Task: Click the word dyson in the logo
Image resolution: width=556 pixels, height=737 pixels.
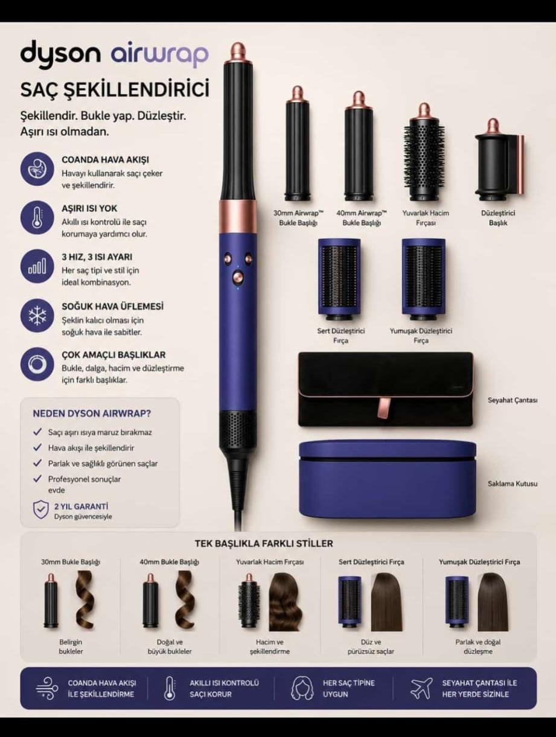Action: pos(60,54)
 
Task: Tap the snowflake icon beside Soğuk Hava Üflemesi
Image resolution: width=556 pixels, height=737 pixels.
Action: pos(37,316)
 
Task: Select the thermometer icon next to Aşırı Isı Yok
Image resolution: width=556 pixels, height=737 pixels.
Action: pos(37,218)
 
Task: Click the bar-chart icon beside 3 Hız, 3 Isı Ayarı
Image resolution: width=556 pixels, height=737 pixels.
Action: pos(37,267)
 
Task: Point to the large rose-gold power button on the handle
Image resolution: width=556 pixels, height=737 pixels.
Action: pos(238,277)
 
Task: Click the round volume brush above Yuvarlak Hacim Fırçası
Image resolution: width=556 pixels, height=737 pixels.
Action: pos(424,152)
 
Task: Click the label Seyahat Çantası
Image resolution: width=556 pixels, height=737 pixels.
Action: pos(513,400)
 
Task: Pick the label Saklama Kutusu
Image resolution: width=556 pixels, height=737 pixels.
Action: pos(513,483)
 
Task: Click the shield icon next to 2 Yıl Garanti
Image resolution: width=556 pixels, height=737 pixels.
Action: pos(41,511)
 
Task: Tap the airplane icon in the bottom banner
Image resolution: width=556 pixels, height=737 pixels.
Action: pos(422,688)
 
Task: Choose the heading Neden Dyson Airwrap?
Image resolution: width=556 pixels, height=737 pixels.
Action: pos(92,413)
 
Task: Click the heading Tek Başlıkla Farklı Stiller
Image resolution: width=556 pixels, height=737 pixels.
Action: pos(264,544)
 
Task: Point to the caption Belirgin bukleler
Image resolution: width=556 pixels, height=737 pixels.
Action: pos(71,646)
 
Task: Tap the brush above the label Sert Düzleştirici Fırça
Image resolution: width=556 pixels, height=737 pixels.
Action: pos(339,279)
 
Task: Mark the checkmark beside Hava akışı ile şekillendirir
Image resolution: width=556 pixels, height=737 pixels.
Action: pos(37,447)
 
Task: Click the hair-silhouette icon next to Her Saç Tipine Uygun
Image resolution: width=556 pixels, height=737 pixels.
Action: pos(302,688)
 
